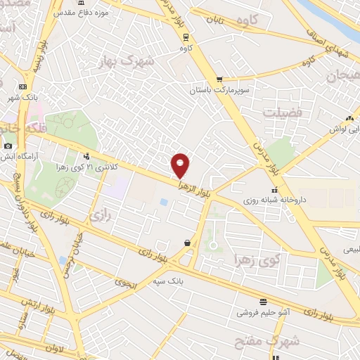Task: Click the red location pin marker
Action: (x=181, y=165)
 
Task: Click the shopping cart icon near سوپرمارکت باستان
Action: (x=220, y=79)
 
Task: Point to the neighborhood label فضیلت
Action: (x=281, y=112)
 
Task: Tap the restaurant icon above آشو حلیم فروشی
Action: (x=262, y=301)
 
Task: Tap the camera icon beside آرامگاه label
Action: (x=8, y=146)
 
